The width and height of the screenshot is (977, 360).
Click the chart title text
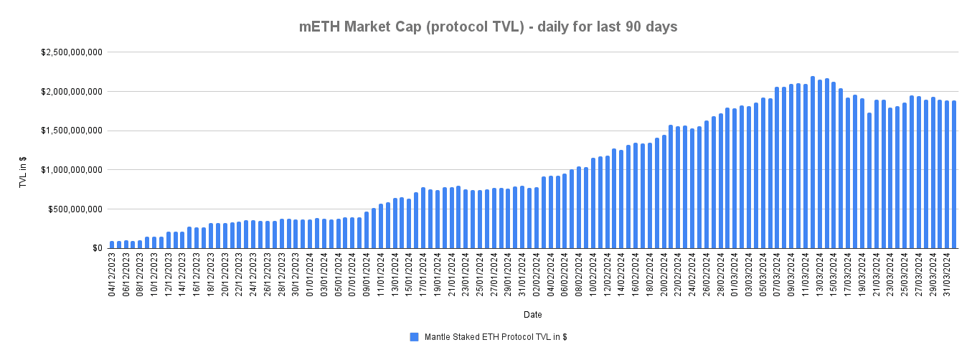(x=488, y=27)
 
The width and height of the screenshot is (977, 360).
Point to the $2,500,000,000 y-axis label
(x=71, y=52)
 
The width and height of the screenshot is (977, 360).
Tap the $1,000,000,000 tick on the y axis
(x=71, y=170)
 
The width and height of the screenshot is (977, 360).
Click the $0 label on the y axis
(x=96, y=248)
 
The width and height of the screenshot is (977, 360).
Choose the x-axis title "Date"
(x=532, y=315)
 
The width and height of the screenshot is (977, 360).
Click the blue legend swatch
(x=414, y=336)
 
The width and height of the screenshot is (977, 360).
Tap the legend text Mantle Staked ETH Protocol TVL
(x=496, y=336)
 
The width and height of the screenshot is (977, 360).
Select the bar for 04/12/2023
(x=113, y=245)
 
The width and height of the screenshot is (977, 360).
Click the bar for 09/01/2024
(x=367, y=229)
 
